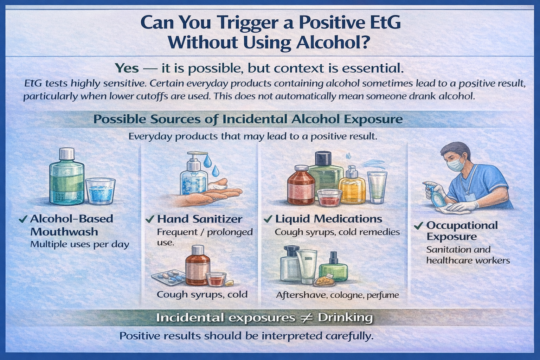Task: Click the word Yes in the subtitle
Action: click(127, 68)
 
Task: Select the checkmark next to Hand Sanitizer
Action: click(150, 219)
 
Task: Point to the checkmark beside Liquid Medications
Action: click(268, 219)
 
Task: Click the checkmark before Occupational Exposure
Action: click(418, 226)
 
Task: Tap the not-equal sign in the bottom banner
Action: click(306, 317)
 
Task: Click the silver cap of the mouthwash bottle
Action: click(66, 153)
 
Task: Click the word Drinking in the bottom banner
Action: click(345, 318)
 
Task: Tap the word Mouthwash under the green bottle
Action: click(64, 232)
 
